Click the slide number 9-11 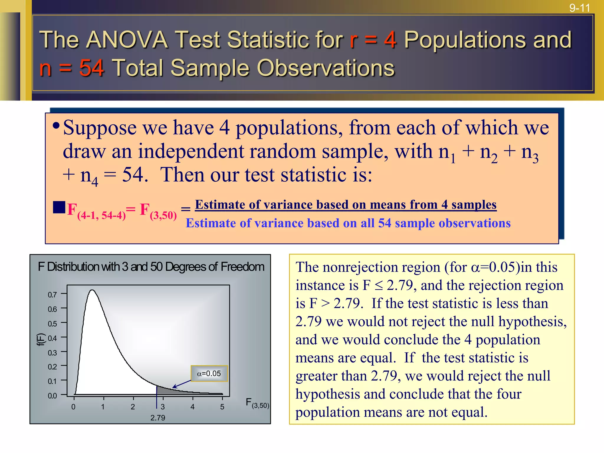click(580, 8)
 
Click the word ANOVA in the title click(127, 40)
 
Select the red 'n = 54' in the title click(72, 68)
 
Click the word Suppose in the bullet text click(100, 128)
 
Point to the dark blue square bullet click(59, 207)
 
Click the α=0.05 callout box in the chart click(209, 374)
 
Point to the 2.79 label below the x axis click(158, 418)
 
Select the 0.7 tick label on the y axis click(52, 295)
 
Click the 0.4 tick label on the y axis click(52, 338)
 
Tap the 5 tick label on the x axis click(222, 407)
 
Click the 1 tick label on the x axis click(103, 407)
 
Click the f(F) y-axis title click(41, 339)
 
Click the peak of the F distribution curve click(92, 290)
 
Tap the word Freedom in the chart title click(242, 267)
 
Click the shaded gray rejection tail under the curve click(168, 391)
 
